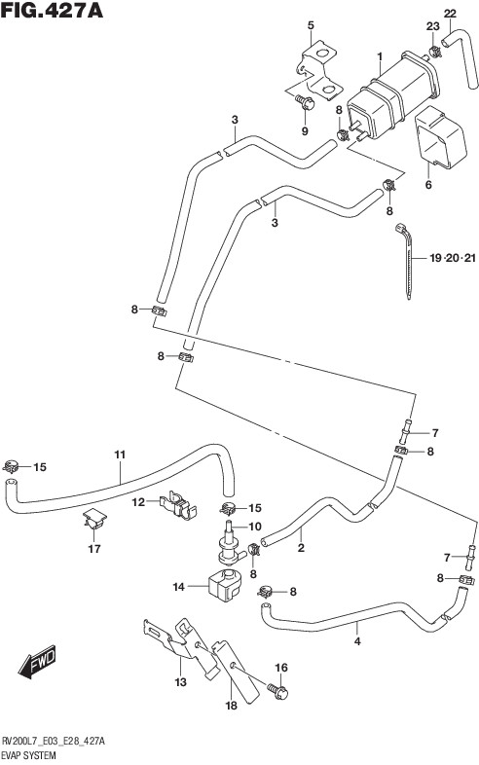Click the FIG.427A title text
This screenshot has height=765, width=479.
point(52,10)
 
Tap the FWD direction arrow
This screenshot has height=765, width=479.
point(37,661)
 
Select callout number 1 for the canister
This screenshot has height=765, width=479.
point(380,58)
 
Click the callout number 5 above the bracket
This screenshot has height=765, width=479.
point(311,25)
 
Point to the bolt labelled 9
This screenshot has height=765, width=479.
point(304,103)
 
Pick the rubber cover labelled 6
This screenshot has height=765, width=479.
point(440,138)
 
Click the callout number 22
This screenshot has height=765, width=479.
point(450,14)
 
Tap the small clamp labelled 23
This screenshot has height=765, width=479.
point(433,50)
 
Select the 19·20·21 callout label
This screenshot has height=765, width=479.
point(452,258)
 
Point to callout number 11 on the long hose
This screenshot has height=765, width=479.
point(120,455)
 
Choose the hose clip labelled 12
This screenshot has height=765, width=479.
point(178,504)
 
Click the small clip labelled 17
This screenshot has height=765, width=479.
point(95,519)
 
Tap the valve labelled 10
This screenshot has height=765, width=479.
point(229,545)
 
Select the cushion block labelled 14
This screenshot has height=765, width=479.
point(225,585)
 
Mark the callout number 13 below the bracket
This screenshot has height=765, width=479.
point(181,681)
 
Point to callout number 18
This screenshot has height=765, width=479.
point(231,705)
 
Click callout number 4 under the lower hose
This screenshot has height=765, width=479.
point(357,641)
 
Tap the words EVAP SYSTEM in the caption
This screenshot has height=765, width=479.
point(28,755)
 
